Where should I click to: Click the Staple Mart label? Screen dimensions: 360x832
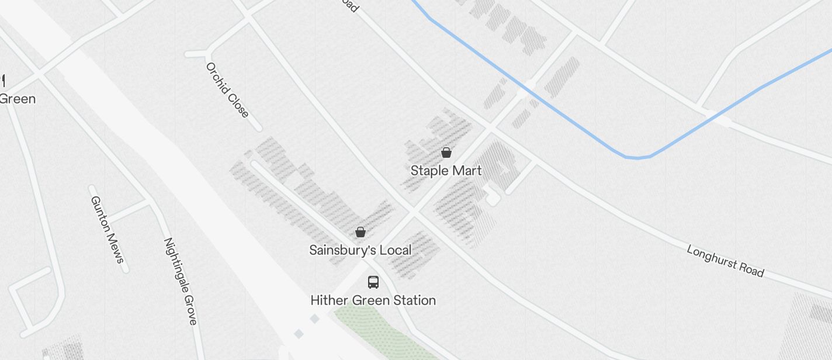pos(446,171)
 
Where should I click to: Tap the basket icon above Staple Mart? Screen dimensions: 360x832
pos(446,153)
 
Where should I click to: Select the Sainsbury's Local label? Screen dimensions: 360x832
pos(360,250)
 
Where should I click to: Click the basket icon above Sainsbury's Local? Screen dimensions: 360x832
pos(360,232)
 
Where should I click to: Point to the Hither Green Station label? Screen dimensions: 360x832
pos(373,300)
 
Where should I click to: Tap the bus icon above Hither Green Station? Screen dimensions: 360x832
pos(373,282)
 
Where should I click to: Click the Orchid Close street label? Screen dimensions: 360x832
pos(227,90)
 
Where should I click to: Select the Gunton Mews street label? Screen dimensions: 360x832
pos(108,229)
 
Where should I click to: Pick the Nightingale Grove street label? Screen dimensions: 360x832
pos(180,281)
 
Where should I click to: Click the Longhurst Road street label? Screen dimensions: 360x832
pos(725,261)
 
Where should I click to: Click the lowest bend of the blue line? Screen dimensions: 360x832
pos(637,157)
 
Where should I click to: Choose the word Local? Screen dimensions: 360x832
pos(396,250)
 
